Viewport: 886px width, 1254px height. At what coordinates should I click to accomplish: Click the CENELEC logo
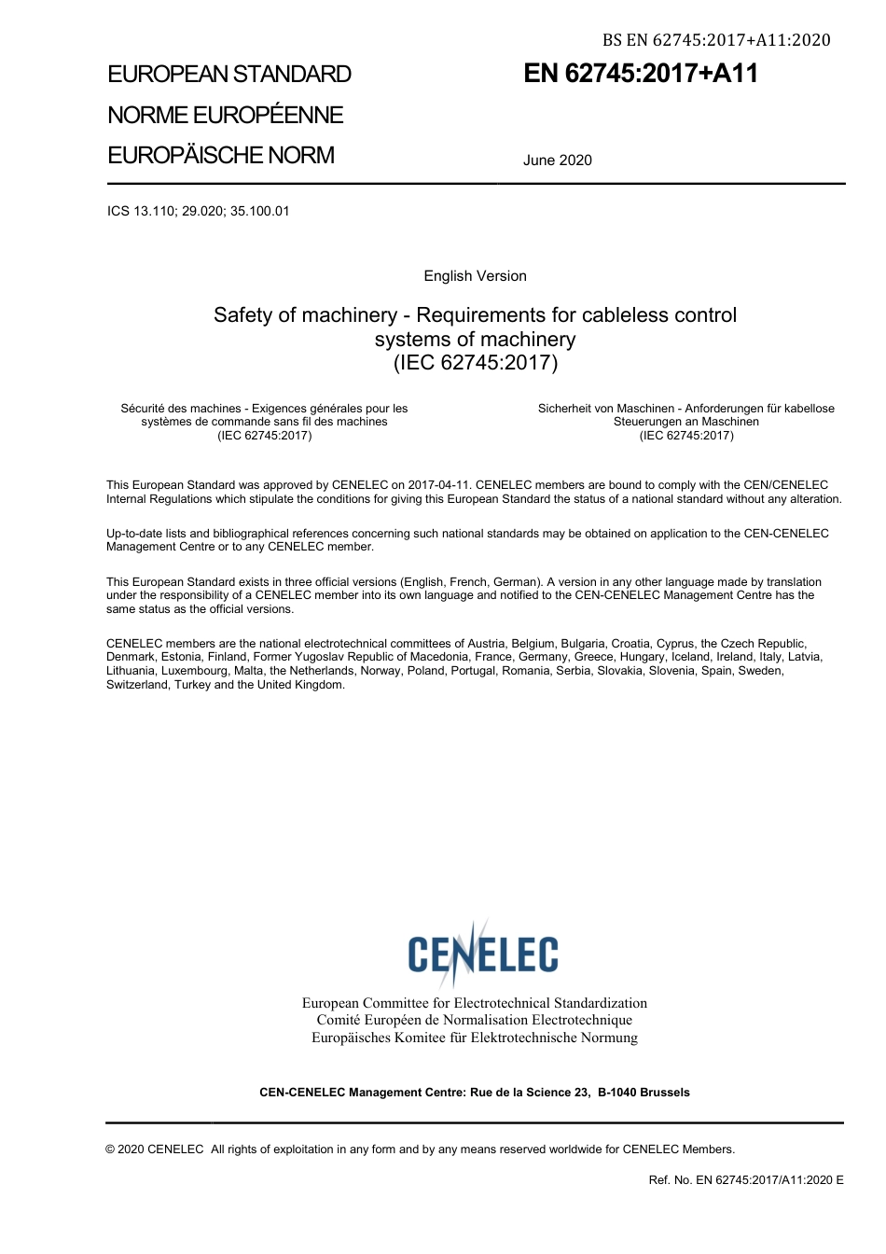tap(482, 953)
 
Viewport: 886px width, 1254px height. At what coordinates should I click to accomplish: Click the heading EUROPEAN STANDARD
tap(229, 75)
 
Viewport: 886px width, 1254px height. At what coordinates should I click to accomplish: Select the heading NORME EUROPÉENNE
tap(226, 115)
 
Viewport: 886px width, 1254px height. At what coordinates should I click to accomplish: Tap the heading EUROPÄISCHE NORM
tap(221, 155)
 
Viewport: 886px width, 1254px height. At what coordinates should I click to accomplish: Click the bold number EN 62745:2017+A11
tap(641, 75)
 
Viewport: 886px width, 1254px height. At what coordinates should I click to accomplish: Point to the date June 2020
tap(558, 160)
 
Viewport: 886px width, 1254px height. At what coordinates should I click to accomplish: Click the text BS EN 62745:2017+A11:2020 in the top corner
tap(716, 39)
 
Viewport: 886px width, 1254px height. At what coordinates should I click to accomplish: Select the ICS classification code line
tap(199, 211)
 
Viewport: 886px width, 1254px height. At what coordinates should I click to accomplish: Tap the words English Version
tap(475, 276)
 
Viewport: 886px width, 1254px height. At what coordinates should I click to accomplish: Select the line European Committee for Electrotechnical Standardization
tap(474, 1003)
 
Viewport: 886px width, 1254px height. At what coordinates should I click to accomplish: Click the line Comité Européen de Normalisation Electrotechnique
tap(474, 1020)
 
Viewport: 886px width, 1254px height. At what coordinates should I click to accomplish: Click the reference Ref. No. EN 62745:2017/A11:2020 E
tap(745, 1180)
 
